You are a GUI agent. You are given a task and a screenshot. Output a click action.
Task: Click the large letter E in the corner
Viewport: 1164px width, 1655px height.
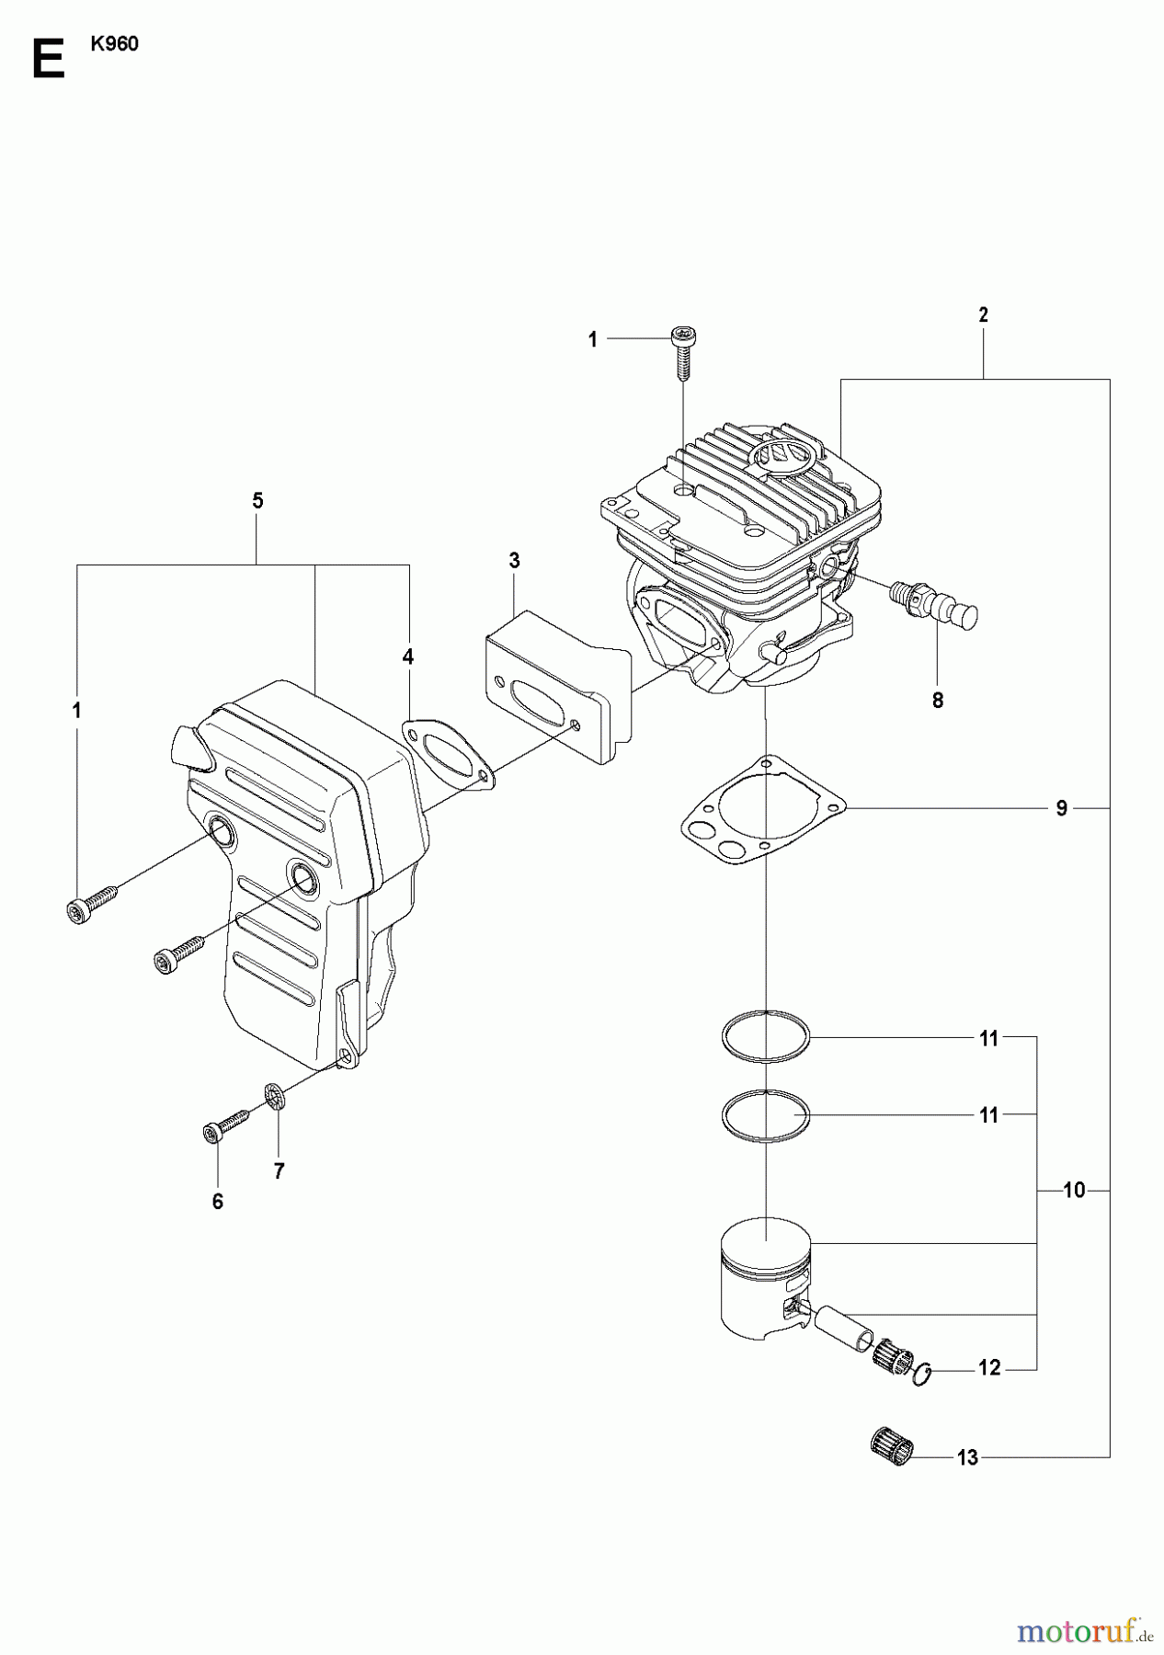pos(48,61)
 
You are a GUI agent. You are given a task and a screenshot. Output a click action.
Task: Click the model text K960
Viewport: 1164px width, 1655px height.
pos(114,45)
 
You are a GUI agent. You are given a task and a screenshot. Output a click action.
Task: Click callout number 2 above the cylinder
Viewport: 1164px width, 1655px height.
pos(983,314)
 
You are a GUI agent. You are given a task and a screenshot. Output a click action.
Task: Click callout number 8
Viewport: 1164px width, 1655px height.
pos(937,700)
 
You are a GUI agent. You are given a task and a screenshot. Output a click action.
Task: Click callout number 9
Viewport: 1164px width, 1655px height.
pos(1061,808)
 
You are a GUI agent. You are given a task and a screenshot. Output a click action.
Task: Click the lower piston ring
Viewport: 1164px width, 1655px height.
pos(765,1114)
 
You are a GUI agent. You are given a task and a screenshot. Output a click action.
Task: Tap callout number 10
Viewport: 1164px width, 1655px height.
pos(1073,1191)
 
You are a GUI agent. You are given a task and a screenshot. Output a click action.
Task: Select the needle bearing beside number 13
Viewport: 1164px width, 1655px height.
pos(892,1449)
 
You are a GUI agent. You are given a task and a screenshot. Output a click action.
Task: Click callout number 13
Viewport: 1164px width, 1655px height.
pos(967,1457)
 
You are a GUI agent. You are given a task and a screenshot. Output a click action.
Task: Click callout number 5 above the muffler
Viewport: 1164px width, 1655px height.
pos(257,501)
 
